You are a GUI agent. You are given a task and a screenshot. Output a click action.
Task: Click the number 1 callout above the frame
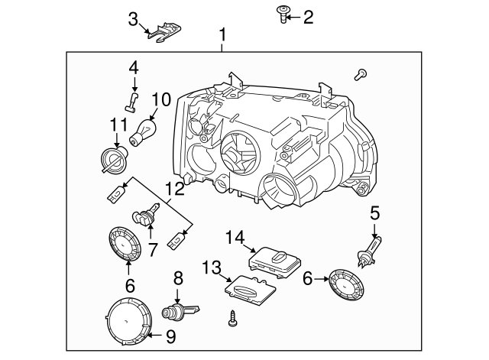223,34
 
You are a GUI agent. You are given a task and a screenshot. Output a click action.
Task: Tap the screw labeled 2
284,14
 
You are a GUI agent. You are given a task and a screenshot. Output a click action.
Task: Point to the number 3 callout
133,18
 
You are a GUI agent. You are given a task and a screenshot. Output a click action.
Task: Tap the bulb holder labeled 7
145,219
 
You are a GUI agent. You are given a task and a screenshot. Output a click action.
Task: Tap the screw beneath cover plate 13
232,319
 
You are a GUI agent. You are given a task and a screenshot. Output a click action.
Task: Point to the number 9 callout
171,336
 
